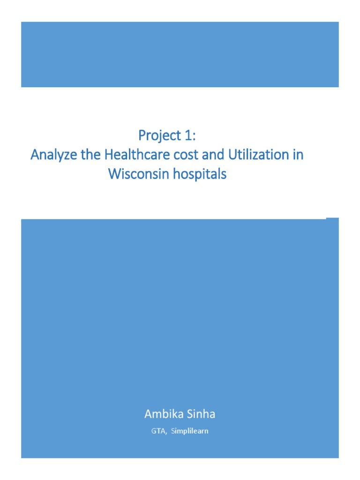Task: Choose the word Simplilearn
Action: (189, 431)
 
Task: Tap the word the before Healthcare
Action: (83, 155)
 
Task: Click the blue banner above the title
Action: (180, 54)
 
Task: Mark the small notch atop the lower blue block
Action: (332, 218)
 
